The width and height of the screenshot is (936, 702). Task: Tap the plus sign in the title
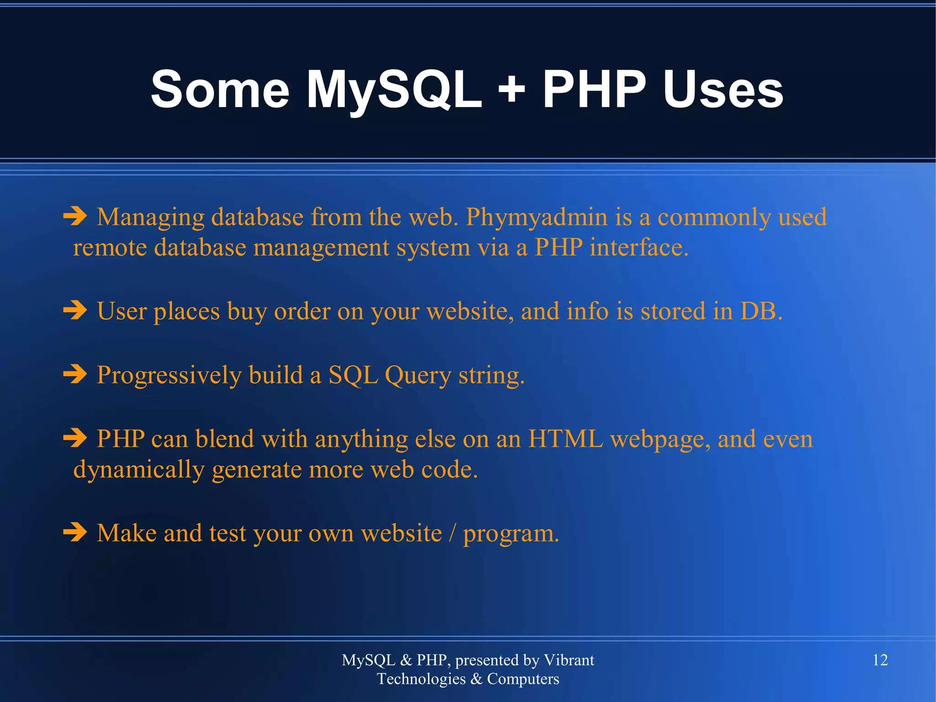point(512,89)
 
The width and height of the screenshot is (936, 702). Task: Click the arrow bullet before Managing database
point(75,216)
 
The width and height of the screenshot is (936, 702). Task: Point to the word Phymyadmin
point(537,217)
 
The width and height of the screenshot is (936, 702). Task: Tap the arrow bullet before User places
point(75,311)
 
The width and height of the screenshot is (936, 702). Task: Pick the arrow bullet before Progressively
point(75,374)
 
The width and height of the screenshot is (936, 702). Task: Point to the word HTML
point(565,439)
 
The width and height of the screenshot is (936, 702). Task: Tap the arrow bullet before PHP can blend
point(75,438)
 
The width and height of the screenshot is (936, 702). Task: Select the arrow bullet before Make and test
point(75,532)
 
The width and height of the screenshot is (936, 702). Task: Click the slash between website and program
point(452,533)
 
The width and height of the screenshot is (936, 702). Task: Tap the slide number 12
point(880,660)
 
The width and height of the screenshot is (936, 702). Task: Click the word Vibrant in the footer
point(569,660)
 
